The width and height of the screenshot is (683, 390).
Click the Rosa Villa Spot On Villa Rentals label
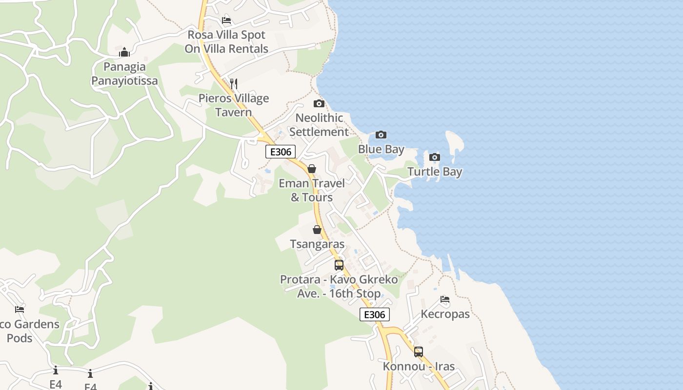pos(226,42)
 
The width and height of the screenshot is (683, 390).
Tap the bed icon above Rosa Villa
pos(226,20)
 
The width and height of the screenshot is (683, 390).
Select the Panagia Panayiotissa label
pos(125,74)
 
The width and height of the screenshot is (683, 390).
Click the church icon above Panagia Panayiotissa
pos(124,52)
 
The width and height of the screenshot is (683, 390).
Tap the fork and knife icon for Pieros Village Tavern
pos(234,84)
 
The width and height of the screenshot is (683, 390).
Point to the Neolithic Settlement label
pos(319,125)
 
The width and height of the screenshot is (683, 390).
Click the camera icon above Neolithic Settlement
pos(319,103)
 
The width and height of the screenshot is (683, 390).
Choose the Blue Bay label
pos(381,149)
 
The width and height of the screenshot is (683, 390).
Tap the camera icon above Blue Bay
pos(381,135)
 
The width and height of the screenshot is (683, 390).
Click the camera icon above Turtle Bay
pos(435,157)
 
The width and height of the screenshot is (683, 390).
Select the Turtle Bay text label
pos(435,172)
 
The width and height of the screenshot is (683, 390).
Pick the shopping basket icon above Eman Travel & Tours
pos(312,169)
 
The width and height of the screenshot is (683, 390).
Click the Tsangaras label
pos(317,244)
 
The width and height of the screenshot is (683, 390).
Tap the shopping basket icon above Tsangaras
pos(317,230)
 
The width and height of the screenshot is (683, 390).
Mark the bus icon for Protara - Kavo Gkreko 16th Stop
pos(339,265)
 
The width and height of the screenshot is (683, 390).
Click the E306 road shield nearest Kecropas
pos(375,314)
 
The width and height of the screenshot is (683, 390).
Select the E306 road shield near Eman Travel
pos(281,152)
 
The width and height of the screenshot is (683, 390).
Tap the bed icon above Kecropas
pos(445,299)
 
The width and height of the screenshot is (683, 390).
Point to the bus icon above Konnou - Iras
pos(419,352)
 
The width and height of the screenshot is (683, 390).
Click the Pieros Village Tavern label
pos(234,105)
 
